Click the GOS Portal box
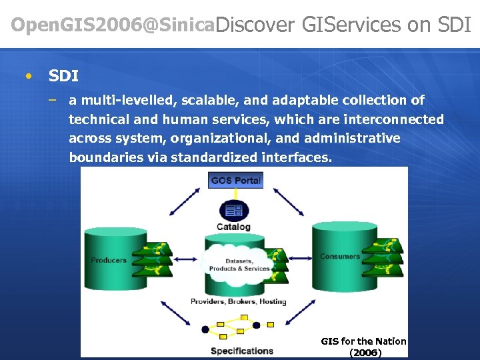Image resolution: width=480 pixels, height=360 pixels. (x=235, y=180)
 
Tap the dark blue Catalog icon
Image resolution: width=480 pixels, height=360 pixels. (x=234, y=211)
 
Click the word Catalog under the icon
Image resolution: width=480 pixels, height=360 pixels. (x=234, y=227)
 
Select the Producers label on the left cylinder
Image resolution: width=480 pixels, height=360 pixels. (x=109, y=260)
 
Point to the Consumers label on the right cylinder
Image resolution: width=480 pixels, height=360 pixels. (x=339, y=256)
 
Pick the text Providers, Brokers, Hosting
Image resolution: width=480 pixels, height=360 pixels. (x=238, y=301)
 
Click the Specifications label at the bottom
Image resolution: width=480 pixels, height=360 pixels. (x=242, y=351)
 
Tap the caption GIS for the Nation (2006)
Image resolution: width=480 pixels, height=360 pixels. (x=364, y=347)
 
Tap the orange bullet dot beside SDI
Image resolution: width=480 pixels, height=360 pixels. (x=27, y=76)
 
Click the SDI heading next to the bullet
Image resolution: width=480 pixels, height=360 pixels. (x=63, y=76)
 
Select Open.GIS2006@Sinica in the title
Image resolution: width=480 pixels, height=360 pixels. (x=113, y=25)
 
